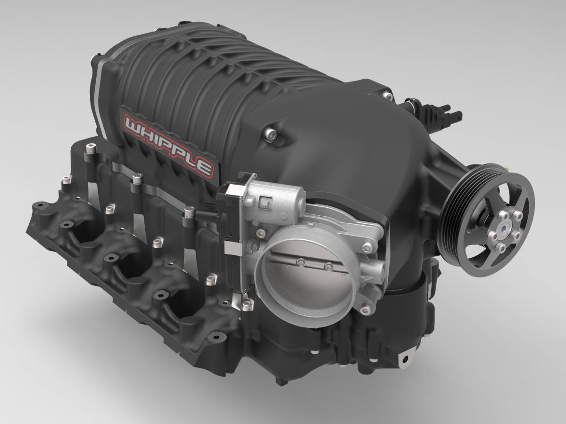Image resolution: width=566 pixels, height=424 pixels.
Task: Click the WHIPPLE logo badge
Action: (x=169, y=145)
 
